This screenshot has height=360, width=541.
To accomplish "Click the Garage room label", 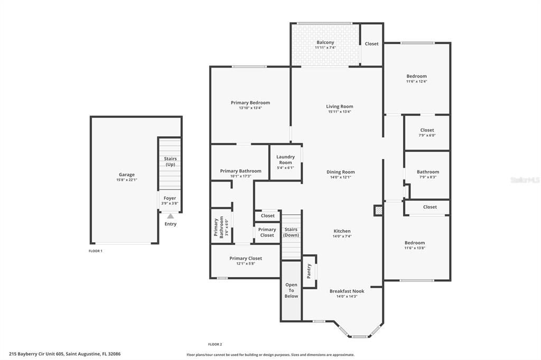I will (x=126, y=175).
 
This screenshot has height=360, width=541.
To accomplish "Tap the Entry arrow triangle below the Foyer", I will (x=170, y=215).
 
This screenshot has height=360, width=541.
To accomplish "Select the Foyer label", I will (x=170, y=198).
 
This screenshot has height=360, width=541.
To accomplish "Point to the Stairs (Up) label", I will (x=170, y=162).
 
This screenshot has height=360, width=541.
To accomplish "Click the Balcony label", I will (x=325, y=42).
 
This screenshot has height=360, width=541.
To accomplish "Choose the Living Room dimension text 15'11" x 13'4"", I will (x=339, y=112).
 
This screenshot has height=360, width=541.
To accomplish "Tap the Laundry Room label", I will (x=285, y=160).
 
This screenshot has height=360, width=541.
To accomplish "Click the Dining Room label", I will (x=340, y=172).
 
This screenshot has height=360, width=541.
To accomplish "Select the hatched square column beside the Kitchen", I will (x=378, y=210).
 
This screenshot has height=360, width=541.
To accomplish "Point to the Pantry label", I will (x=309, y=271).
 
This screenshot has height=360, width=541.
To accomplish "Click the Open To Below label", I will (x=291, y=290).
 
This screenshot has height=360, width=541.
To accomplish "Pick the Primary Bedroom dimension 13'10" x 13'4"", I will (x=250, y=108).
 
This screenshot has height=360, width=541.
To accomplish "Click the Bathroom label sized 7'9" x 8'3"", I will (x=427, y=172).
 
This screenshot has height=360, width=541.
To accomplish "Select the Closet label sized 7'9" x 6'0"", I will (x=427, y=130).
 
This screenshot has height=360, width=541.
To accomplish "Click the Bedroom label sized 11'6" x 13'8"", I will (x=415, y=243).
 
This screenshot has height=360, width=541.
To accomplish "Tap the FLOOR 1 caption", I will (x=95, y=251).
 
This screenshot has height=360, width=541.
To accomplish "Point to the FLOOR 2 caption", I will (x=214, y=344).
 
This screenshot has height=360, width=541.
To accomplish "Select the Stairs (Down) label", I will (x=291, y=232).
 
